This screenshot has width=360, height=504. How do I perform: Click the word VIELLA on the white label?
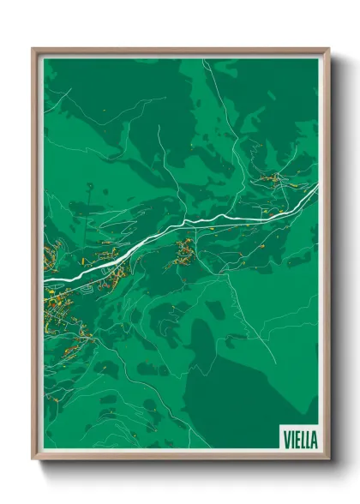(x=298, y=439)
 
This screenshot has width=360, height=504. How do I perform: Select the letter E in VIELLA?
(x=295, y=439)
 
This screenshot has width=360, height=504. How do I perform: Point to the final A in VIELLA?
(x=314, y=439)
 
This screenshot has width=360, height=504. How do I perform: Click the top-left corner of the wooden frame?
(x=33, y=49)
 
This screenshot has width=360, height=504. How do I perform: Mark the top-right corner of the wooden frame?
(x=328, y=49)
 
